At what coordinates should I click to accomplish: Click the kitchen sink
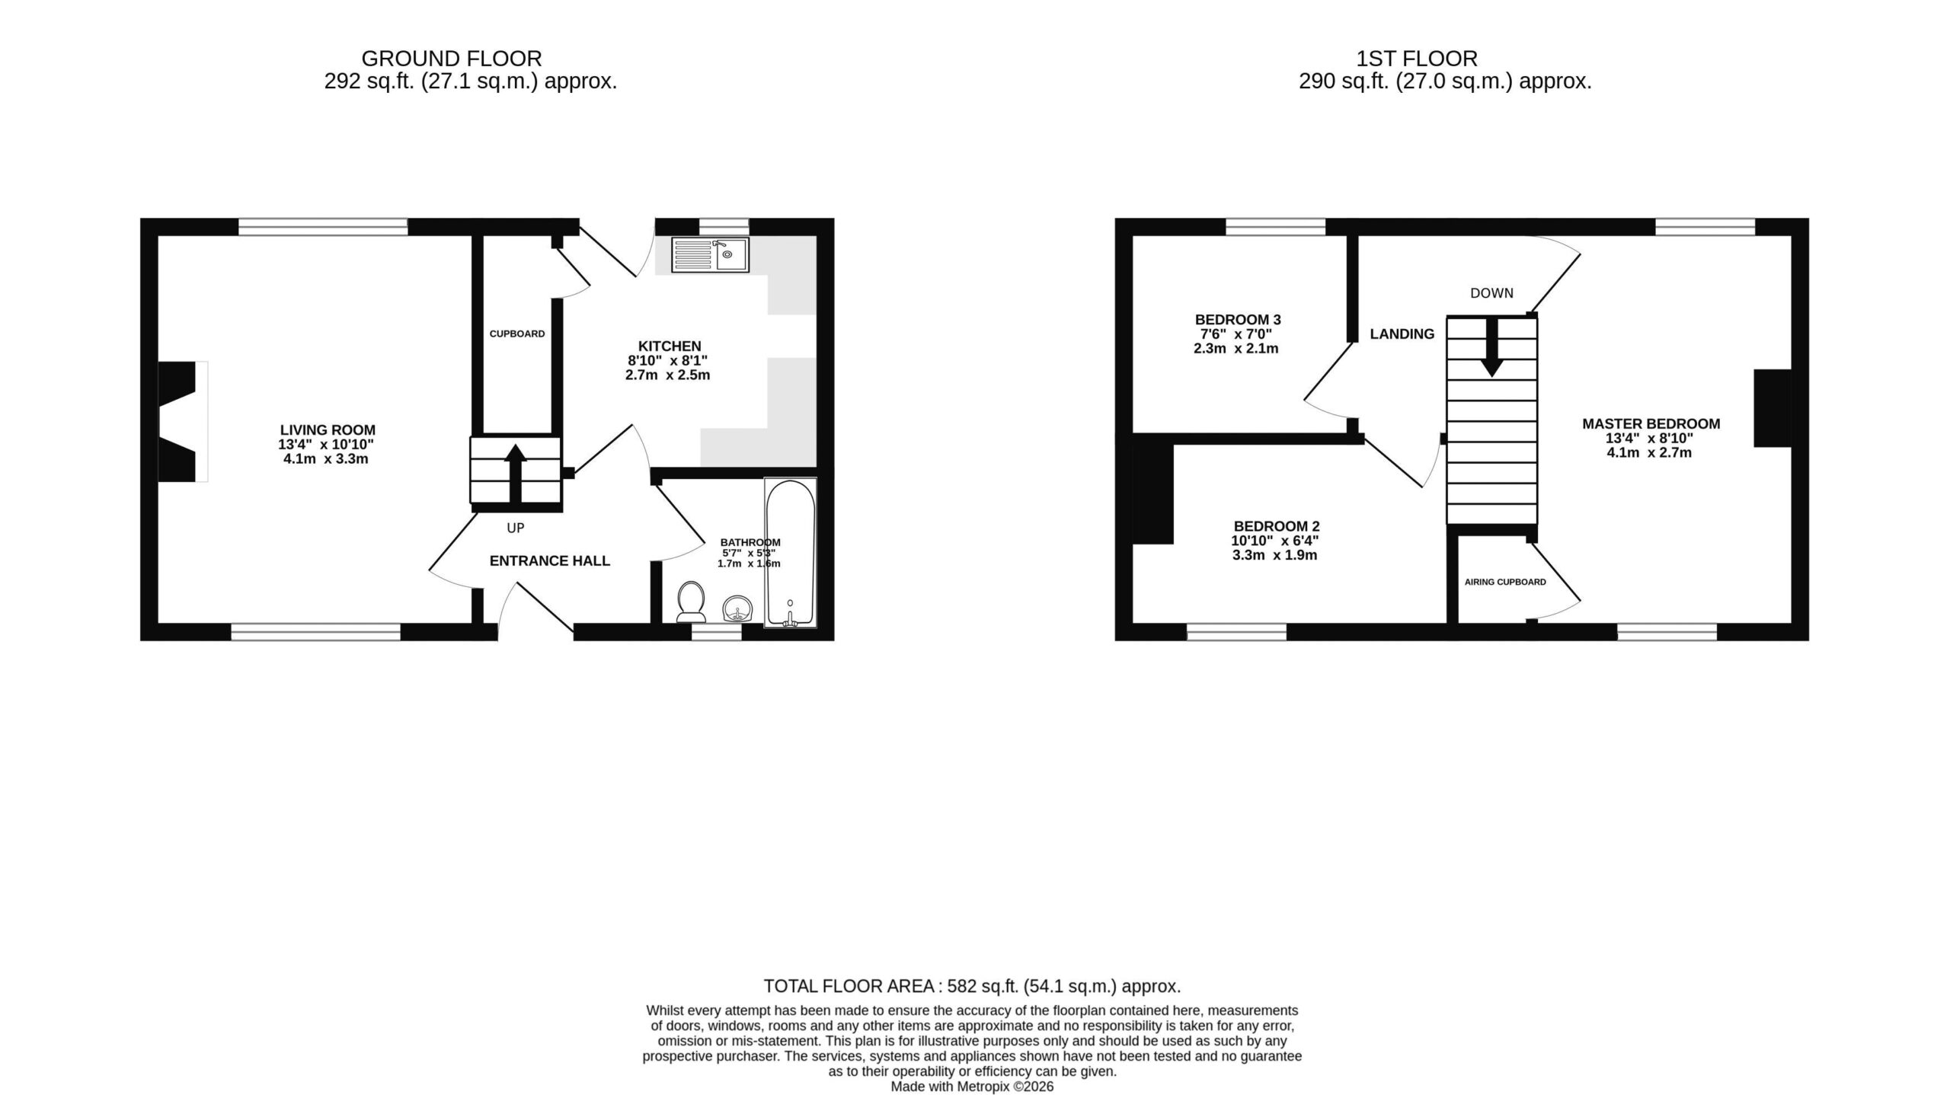pos(710,254)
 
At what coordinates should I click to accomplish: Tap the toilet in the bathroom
pos(690,602)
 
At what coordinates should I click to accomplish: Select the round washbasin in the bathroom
pos(737,608)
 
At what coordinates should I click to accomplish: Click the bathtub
pos(791,553)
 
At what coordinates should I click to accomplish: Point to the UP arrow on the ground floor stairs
pos(516,473)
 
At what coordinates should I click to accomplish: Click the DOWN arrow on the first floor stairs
pos(1491,346)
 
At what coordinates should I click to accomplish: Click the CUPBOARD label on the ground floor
pos(517,334)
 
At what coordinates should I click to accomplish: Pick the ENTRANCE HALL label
pos(550,561)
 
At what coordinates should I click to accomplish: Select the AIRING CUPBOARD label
pos(1505,583)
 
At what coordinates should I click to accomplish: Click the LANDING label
pos(1402,334)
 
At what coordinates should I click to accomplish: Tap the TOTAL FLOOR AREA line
pos(973,987)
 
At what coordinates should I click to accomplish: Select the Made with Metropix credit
pos(973,1087)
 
